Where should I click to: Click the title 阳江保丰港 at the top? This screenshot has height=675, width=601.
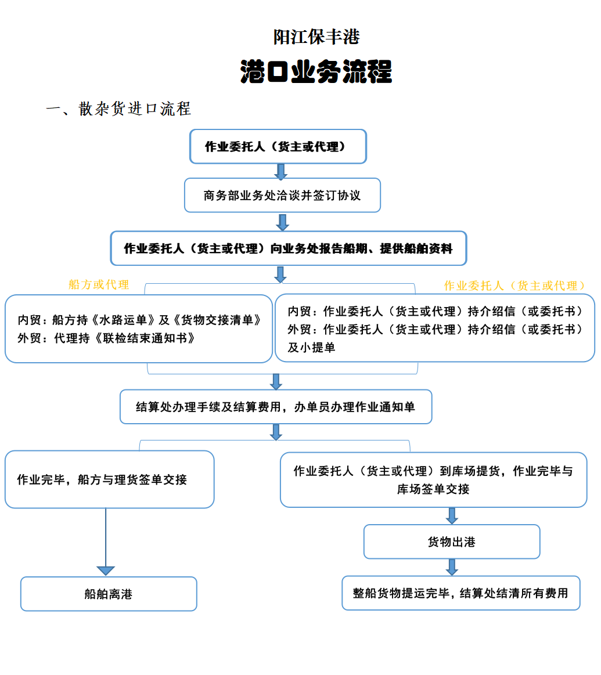point(316,37)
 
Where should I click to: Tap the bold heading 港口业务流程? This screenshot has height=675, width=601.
point(316,72)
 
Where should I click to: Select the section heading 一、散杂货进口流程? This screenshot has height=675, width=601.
point(118,109)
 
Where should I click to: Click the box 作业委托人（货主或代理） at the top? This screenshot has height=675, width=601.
point(278,147)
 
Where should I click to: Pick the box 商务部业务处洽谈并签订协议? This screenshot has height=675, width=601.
point(282,196)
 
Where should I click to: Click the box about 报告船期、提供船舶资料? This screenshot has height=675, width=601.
point(289,248)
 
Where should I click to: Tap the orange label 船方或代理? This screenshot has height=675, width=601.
point(99,284)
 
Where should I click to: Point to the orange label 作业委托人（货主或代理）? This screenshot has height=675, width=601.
point(514,286)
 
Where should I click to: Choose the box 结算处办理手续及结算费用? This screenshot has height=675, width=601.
point(276,407)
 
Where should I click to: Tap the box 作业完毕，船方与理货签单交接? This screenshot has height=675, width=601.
point(109,479)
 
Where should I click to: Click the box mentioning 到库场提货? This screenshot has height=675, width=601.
point(433,479)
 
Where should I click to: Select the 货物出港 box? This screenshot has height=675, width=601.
point(452,542)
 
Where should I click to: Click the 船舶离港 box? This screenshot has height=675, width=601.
point(109,594)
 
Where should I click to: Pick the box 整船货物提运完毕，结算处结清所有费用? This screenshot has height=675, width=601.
point(460,593)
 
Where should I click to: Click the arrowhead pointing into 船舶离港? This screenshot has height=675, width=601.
point(106,570)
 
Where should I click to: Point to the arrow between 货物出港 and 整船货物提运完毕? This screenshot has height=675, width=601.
point(452,567)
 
